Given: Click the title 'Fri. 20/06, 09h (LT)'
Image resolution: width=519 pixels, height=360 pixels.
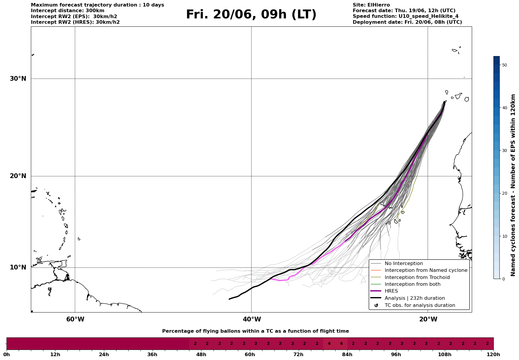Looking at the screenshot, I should [x=251, y=15].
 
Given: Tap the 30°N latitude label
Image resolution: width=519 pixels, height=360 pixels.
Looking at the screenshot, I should [x=18, y=79].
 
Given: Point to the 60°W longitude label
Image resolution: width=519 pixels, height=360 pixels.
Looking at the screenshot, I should [x=75, y=319].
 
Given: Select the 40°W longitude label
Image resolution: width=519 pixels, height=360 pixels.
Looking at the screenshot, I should [x=252, y=319].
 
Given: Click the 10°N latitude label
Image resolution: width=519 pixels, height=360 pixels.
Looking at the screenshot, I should [x=18, y=267].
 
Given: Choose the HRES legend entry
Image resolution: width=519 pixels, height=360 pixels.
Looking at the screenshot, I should [x=391, y=291].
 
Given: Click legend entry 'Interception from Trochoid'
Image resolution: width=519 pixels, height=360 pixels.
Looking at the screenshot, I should [x=417, y=277].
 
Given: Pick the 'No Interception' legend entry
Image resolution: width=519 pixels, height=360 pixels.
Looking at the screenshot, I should [x=404, y=264].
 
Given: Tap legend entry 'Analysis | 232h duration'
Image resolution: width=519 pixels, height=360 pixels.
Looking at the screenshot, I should [x=414, y=298].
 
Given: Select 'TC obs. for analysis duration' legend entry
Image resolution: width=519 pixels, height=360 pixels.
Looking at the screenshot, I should [x=420, y=305].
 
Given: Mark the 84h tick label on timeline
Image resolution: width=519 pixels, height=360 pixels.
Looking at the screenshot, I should [x=347, y=355].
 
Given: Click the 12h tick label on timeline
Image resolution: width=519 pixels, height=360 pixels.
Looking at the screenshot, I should [x=55, y=355].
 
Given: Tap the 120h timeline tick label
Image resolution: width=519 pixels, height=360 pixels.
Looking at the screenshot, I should [x=493, y=355].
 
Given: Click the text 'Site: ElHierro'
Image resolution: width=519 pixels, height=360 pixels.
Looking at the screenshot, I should [x=371, y=5].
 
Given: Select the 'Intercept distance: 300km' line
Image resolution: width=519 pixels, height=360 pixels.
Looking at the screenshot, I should [x=68, y=11].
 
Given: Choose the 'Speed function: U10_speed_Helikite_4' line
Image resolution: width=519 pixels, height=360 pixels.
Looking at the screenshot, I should [x=406, y=16].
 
